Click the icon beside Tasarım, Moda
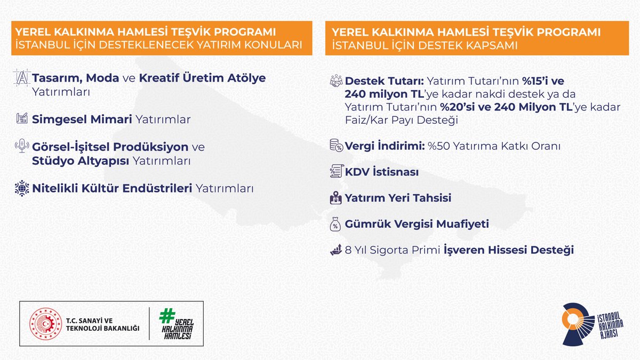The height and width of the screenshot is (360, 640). click(22, 78)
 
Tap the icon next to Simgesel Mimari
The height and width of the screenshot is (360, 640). click(22, 119)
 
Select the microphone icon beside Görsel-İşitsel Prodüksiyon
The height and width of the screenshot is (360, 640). click(22, 146)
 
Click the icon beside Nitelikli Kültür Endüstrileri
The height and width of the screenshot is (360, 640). click(22, 188)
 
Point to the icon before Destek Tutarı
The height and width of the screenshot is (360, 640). click(336, 82)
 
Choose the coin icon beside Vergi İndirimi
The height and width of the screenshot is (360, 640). click(336, 146)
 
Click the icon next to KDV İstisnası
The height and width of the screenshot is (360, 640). click(336, 172)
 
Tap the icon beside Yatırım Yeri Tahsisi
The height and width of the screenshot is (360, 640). click(336, 198)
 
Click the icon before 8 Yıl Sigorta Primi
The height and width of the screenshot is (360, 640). click(336, 250)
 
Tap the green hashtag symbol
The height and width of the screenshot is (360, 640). click(166, 316)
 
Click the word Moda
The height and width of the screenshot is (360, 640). click(103, 78)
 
